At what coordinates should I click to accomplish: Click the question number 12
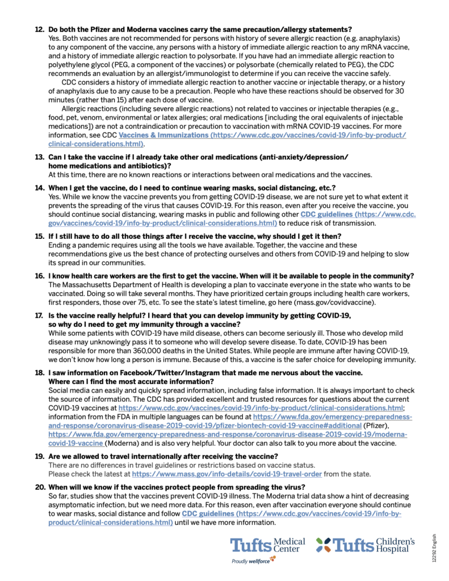pos(39,29)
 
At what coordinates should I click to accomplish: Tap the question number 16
pos(39,275)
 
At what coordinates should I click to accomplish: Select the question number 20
pos(39,487)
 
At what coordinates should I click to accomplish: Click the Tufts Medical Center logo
pos(267,545)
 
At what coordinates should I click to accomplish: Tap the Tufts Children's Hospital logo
pos(364,545)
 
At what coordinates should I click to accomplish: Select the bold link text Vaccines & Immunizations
pos(163,136)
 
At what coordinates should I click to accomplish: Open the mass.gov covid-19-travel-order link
pos(227,473)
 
